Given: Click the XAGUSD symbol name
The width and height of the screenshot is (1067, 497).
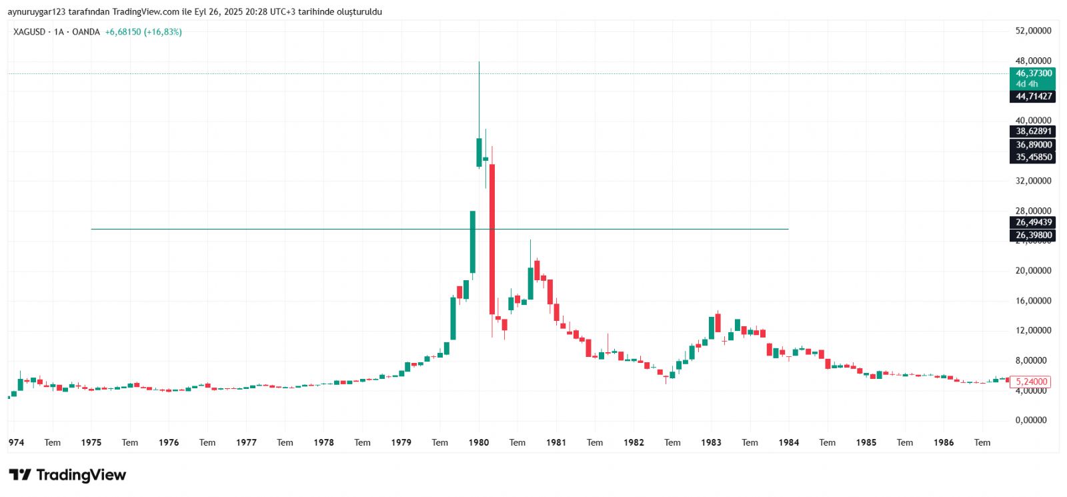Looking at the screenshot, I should [x=29, y=32].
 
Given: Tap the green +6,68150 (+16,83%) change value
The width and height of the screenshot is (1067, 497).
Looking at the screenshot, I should [x=143, y=32].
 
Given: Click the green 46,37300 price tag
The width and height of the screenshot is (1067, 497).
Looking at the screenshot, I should [x=1033, y=73].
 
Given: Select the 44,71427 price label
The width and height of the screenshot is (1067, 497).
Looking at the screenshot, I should [x=1033, y=97].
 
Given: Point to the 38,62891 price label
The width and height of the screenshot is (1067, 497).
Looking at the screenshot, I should [x=1033, y=131].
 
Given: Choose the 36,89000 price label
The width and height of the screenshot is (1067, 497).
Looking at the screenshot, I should [x=1033, y=145].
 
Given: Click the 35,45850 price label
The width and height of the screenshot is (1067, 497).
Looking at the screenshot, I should [x=1033, y=157].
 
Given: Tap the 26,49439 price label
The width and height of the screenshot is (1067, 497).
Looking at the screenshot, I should [x=1033, y=223].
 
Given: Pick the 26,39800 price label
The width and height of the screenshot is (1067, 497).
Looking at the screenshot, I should [x=1033, y=235].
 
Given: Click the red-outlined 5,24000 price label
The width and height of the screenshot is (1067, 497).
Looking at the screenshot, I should [x=1031, y=382].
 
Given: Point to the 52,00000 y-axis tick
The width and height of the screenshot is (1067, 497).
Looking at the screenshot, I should [x=1033, y=31].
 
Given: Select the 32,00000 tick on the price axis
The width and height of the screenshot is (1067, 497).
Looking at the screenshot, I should [x=1033, y=181].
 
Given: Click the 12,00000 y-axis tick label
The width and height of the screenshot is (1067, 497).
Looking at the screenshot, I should [x=1033, y=331].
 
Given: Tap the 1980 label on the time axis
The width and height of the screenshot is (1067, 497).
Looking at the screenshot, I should [x=479, y=442].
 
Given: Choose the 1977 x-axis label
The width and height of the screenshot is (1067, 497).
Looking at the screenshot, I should [x=246, y=442].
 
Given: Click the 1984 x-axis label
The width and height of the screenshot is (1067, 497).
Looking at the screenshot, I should [x=788, y=442].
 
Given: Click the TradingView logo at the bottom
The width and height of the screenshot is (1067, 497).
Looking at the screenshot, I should [x=67, y=475].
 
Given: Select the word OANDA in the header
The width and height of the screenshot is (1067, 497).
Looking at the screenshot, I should [x=86, y=32].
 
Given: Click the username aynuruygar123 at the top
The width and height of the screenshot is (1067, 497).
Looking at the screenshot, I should [x=37, y=12].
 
